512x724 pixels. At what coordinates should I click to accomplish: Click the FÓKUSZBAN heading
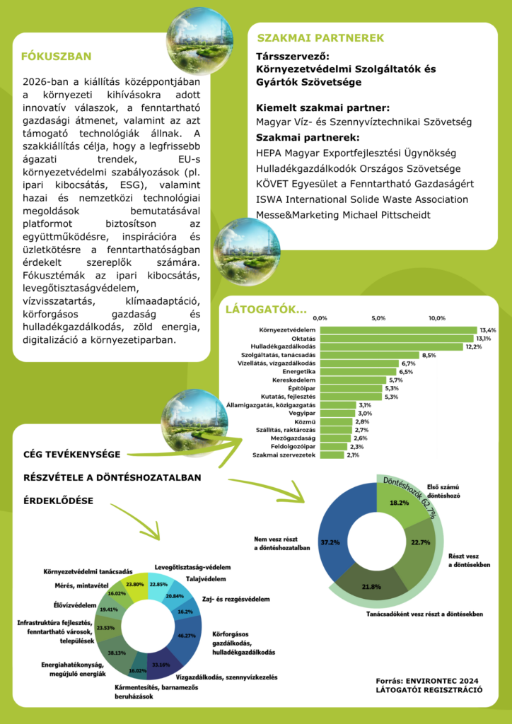57,57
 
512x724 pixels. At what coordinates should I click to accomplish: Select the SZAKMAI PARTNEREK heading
320,37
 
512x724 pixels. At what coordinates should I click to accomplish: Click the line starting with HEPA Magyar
356,153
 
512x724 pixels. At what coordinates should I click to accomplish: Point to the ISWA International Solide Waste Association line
362,199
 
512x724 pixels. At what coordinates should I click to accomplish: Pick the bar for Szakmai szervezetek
332,455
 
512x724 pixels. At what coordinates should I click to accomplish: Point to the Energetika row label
298,371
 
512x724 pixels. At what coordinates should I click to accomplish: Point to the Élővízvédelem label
75,605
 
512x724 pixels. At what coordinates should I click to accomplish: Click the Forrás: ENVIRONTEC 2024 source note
429,680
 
